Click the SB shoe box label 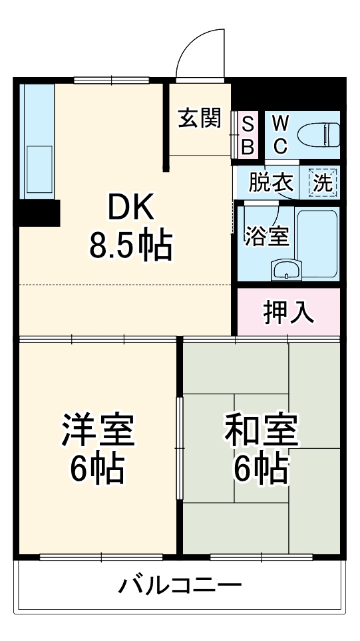247,135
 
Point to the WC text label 280,134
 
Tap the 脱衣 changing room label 271,182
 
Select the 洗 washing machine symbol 323,182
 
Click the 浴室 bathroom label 266,236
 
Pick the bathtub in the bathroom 317,243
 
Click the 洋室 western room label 98,430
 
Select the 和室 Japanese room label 260,430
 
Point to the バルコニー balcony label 180,586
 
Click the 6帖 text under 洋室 98,469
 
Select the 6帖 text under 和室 260,469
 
